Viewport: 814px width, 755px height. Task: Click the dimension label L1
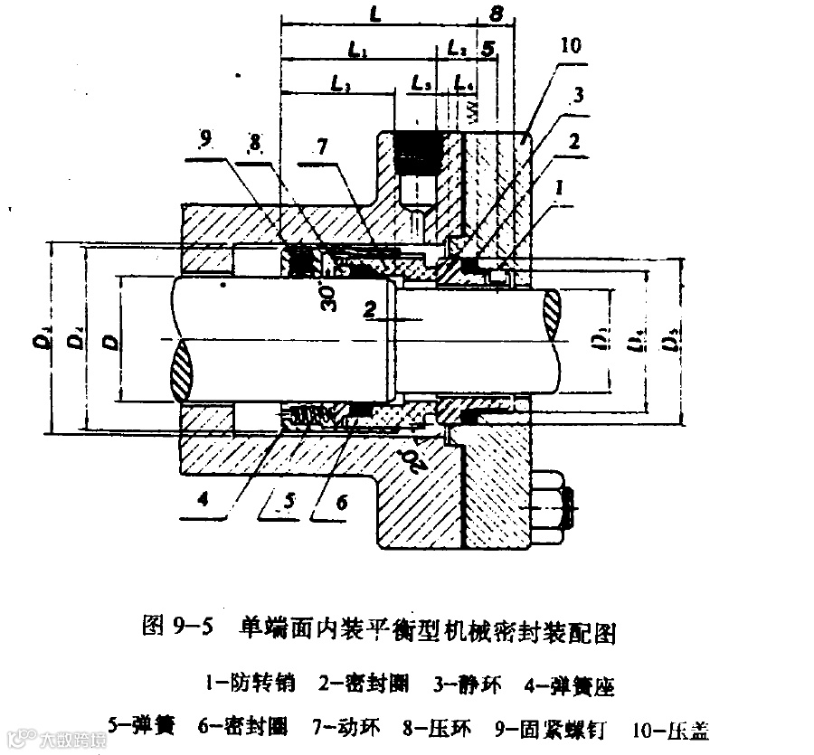tap(357, 53)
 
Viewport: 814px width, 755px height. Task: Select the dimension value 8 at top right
tap(496, 14)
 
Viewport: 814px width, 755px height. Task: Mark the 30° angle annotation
tap(327, 297)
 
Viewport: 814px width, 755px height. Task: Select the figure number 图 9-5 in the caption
tap(177, 628)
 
